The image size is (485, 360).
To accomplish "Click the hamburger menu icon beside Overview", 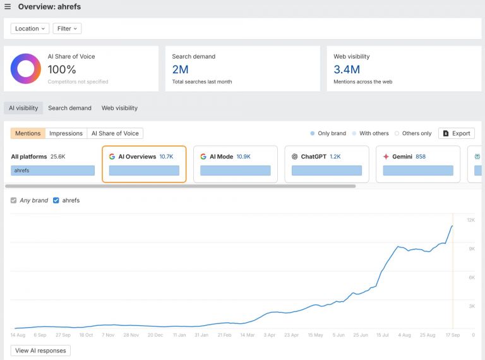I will point(8,7).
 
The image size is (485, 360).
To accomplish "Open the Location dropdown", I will point(30,28).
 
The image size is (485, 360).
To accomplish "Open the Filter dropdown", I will point(68,28).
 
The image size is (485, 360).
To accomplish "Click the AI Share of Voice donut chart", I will point(26,69).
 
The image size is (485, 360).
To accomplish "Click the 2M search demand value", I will point(180,69).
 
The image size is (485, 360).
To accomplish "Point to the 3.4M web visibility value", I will point(347,69).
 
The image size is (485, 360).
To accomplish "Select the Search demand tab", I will point(69,108).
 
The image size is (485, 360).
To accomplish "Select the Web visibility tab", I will point(119,108).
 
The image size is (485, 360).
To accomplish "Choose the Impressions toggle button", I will point(66,133).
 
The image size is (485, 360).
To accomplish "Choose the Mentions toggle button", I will point(28,133).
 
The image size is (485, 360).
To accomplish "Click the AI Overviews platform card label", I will point(136,157).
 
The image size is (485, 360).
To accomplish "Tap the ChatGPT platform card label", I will point(313,157).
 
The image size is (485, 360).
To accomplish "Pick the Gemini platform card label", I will point(402,157).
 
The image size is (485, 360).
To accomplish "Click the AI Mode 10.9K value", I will point(243,157).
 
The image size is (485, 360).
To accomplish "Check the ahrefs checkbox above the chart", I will point(56,200).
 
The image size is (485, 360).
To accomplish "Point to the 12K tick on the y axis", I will point(470,220).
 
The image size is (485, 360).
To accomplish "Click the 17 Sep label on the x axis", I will point(452,335).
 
